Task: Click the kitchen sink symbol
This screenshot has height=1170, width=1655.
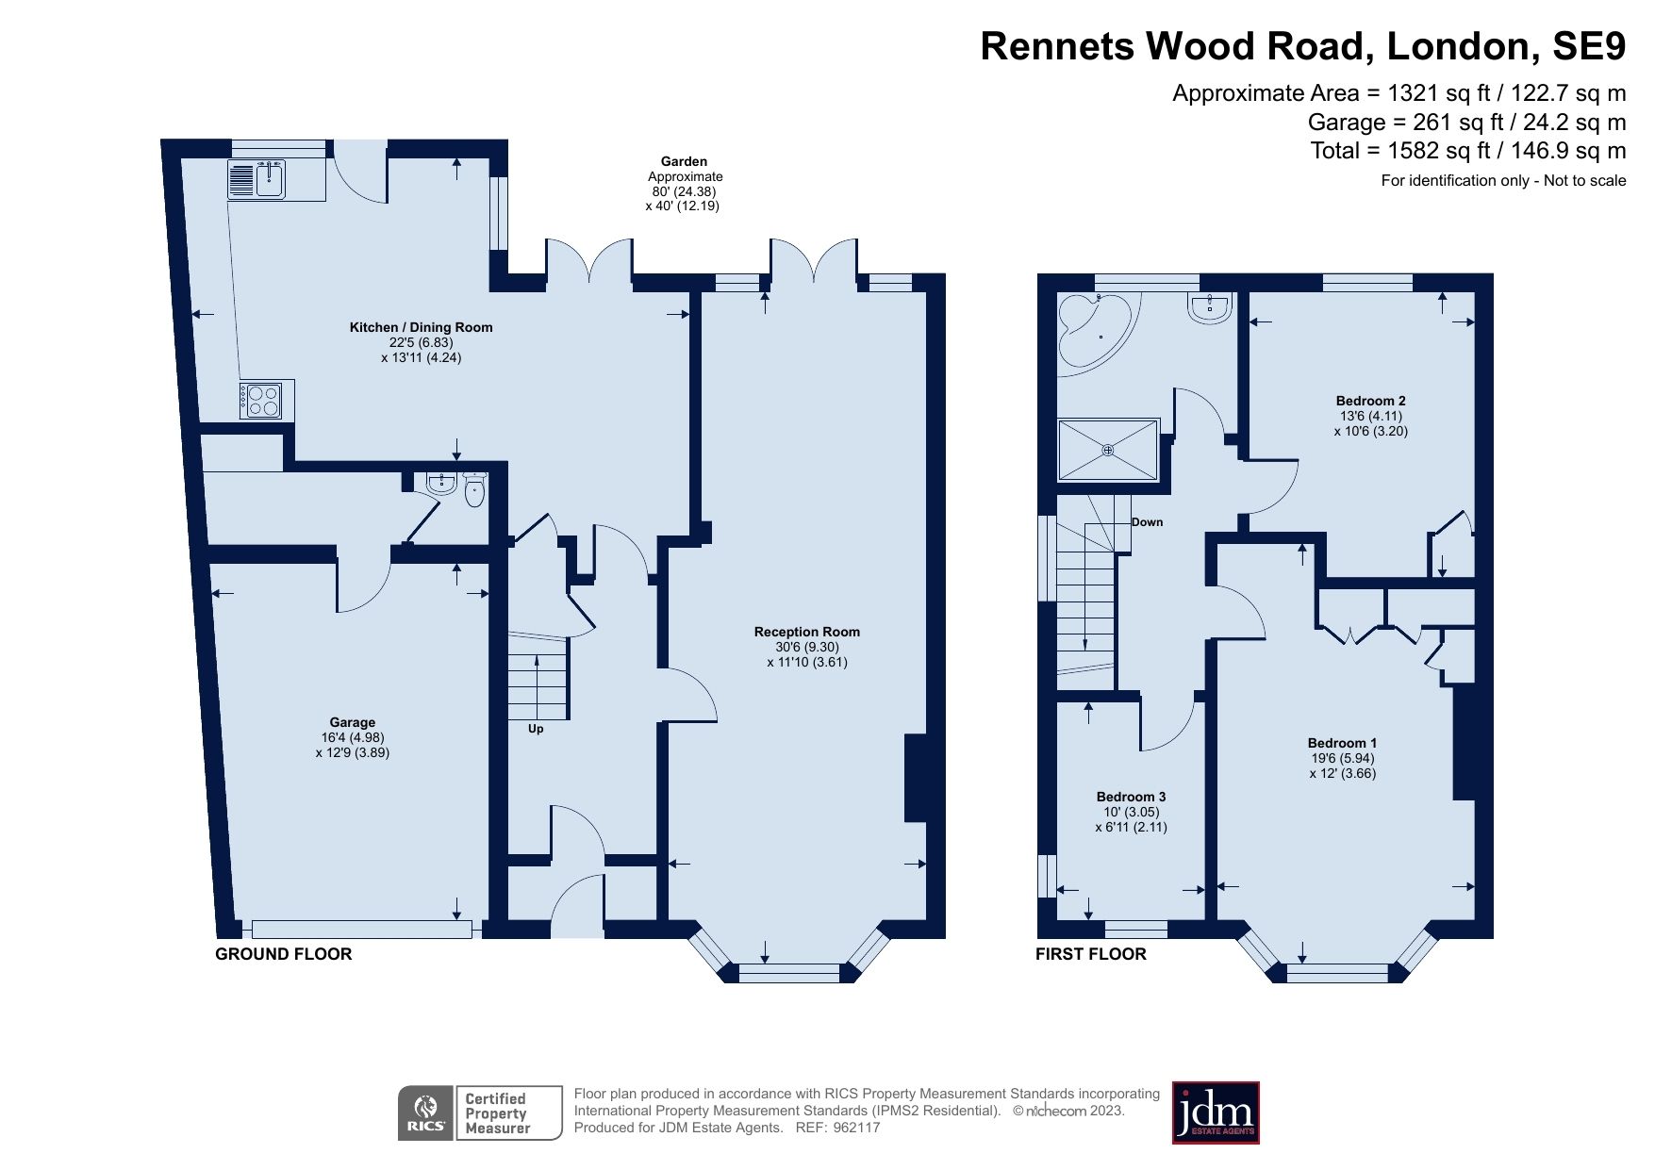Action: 257,179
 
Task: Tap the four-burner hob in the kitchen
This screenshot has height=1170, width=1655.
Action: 261,401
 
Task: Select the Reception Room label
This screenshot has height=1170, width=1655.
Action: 806,632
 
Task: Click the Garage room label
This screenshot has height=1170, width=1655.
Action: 352,722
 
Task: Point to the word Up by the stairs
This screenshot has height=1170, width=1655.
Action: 536,729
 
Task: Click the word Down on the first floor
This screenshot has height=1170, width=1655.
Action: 1147,522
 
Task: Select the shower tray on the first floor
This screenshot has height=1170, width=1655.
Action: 1108,450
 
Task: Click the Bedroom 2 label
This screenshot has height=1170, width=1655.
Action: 1370,401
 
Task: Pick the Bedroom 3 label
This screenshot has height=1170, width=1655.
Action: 1131,797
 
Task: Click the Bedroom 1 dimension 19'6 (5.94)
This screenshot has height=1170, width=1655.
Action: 1343,758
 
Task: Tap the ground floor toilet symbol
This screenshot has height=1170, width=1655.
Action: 474,490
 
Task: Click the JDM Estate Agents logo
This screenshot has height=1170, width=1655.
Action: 1215,1112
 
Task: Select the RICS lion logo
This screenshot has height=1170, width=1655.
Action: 426,1113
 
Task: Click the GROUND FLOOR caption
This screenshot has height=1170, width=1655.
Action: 283,954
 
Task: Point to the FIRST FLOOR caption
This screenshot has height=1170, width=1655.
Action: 1090,954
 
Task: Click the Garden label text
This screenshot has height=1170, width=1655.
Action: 684,161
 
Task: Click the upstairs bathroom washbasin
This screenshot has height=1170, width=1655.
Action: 1209,307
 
